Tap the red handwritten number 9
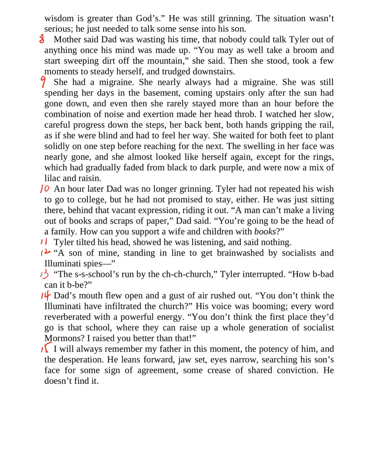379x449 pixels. click(x=43, y=82)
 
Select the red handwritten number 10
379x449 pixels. click(x=45, y=189)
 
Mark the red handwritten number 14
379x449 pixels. click(x=46, y=296)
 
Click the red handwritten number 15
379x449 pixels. click(x=46, y=349)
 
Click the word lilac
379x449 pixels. click(x=54, y=178)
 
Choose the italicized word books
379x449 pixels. click(x=265, y=232)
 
